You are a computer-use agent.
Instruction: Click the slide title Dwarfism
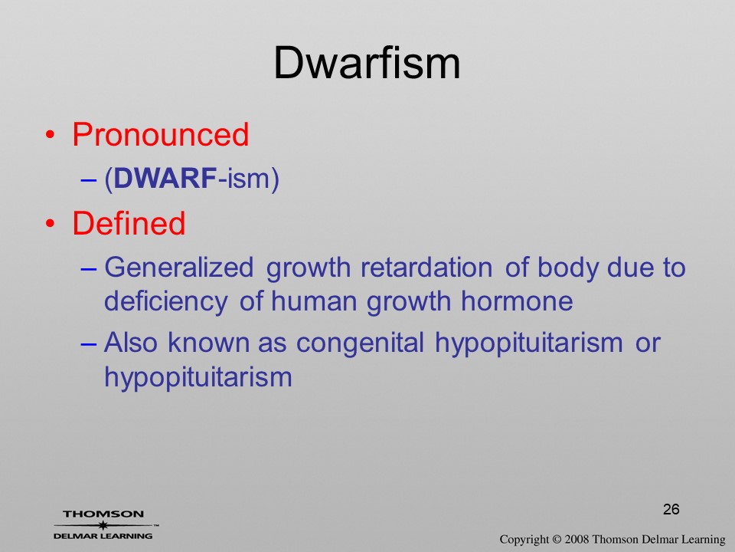point(367,64)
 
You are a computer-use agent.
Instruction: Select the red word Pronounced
point(160,134)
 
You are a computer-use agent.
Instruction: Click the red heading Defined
point(129,223)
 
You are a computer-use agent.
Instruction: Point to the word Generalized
point(178,268)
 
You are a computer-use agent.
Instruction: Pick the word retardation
point(426,267)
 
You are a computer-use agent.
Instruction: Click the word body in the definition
point(568,268)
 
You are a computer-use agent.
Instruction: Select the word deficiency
point(166,302)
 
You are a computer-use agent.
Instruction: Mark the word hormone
point(517,301)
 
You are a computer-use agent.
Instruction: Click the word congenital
point(360,343)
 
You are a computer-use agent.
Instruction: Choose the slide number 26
point(671,509)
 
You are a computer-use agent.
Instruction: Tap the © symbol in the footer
point(557,539)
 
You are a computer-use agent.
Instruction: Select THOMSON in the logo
point(103,514)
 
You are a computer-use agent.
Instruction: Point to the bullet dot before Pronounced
point(51,136)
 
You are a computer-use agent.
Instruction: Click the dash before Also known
point(89,344)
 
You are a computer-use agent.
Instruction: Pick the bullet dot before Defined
point(51,224)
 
